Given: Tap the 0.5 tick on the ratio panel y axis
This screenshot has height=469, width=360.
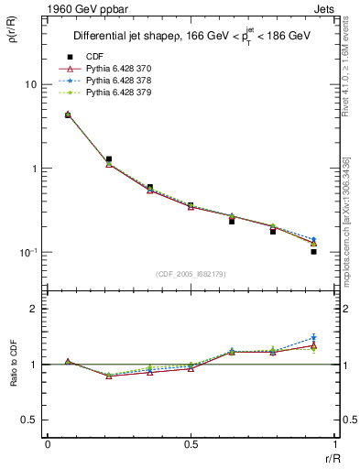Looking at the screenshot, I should (x=29, y=420).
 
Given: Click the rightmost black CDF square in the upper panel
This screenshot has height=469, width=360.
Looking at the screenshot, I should (x=313, y=251).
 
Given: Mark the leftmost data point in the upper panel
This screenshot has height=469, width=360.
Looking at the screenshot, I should (x=68, y=115).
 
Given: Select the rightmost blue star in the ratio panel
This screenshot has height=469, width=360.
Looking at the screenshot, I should (x=313, y=338).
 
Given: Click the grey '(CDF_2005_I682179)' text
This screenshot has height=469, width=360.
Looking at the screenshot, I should (x=191, y=274).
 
